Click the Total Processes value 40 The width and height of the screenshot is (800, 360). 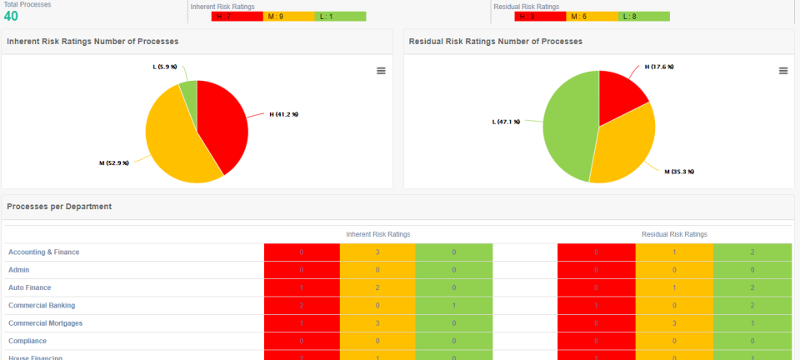pos(12,16)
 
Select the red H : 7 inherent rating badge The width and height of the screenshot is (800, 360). pos(224,17)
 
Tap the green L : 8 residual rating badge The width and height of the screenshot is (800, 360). pos(644,17)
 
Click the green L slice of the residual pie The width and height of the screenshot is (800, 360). pos(567,125)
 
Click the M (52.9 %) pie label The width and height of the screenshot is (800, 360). pos(114,163)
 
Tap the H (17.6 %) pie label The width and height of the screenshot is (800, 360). pos(659,67)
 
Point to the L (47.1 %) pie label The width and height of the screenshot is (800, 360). pos(506,122)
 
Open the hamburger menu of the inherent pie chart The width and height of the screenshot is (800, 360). pos(381,71)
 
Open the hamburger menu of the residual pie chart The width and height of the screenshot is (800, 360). pos(783,71)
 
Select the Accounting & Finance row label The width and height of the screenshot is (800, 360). pos(43,252)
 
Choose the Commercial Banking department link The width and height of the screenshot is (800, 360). pos(40,305)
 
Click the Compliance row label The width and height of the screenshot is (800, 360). pos(27,341)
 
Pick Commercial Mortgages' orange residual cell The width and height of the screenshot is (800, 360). pos(674,323)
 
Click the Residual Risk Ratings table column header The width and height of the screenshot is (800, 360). pos(673,234)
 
